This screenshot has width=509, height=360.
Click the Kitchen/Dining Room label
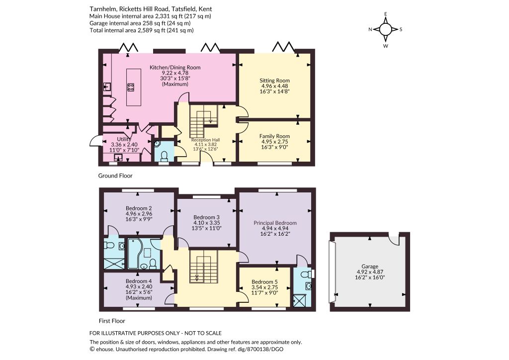[175, 68]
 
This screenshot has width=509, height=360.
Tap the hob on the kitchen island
[131, 87]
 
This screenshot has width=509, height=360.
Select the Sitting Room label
[274, 81]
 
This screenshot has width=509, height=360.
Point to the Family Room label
[274, 136]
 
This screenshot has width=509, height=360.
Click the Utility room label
[124, 139]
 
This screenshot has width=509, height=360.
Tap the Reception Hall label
[205, 140]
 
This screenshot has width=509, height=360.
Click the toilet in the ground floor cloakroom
[164, 156]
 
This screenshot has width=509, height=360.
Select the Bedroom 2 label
[139, 208]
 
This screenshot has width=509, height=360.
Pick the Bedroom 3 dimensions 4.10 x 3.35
[207, 223]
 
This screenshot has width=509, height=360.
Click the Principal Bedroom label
[275, 223]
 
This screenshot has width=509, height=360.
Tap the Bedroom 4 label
[139, 281]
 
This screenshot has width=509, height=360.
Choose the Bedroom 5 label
[264, 282]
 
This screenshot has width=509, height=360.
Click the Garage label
[370, 267]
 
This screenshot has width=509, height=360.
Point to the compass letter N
[370, 29]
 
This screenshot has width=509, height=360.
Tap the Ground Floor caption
[115, 176]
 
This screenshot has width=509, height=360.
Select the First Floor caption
[112, 321]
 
